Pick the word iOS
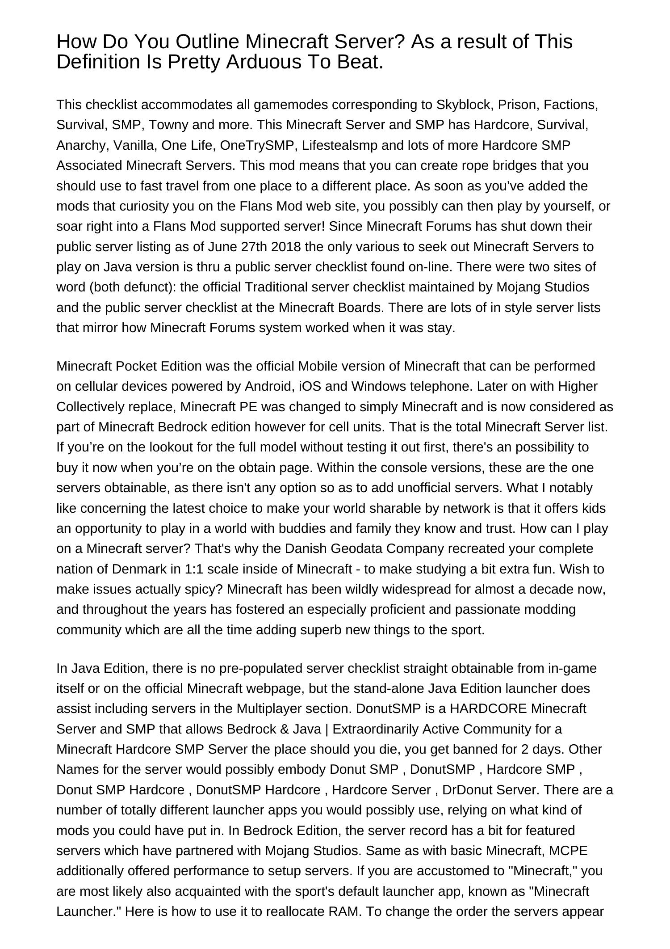click(x=310, y=386)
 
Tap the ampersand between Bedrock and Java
click(x=283, y=729)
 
